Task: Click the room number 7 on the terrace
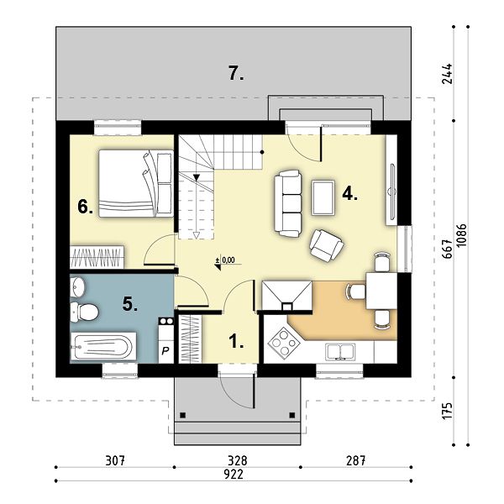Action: tap(236, 73)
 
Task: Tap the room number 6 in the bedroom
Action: tap(86, 207)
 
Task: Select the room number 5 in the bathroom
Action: tap(130, 304)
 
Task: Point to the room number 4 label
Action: tap(350, 193)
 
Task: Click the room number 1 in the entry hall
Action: tap(236, 341)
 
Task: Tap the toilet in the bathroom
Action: tap(84, 311)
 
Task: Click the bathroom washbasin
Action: tap(77, 286)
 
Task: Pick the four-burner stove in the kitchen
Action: tap(284, 341)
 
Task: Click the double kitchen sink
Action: tap(340, 351)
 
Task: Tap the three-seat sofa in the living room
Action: tap(288, 204)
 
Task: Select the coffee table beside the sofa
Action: tap(323, 197)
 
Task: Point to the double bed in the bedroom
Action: tap(136, 183)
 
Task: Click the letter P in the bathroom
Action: tap(165, 350)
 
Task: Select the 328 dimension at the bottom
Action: tap(238, 460)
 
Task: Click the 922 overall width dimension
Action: tap(234, 475)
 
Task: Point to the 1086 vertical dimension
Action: tap(461, 235)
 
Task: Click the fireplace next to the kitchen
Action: tap(286, 296)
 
